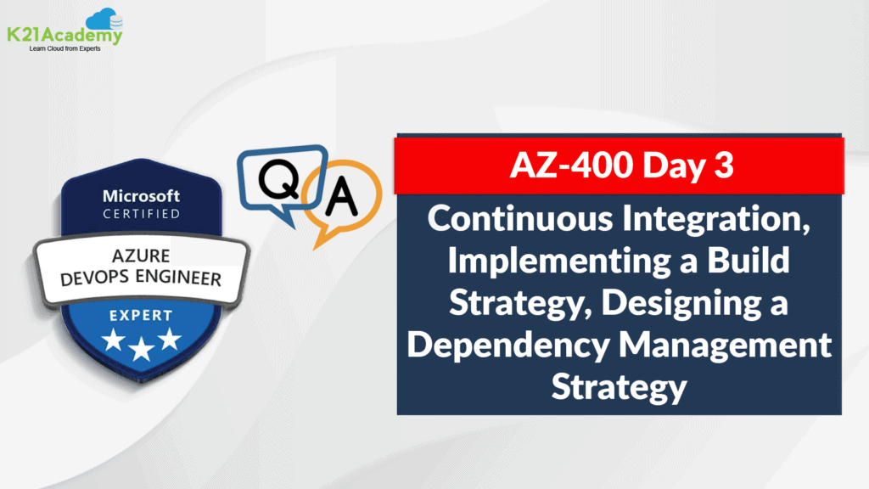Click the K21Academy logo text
coord(64,35)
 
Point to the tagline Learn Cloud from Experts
coord(64,48)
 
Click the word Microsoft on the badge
coord(142,196)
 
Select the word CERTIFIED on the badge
coord(142,213)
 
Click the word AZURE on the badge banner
coord(141,256)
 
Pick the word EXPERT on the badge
coord(141,316)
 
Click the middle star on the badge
coord(142,349)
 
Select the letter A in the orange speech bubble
coord(341,196)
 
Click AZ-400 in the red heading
coord(571,165)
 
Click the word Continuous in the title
coord(520,218)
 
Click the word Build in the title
coord(748,260)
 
